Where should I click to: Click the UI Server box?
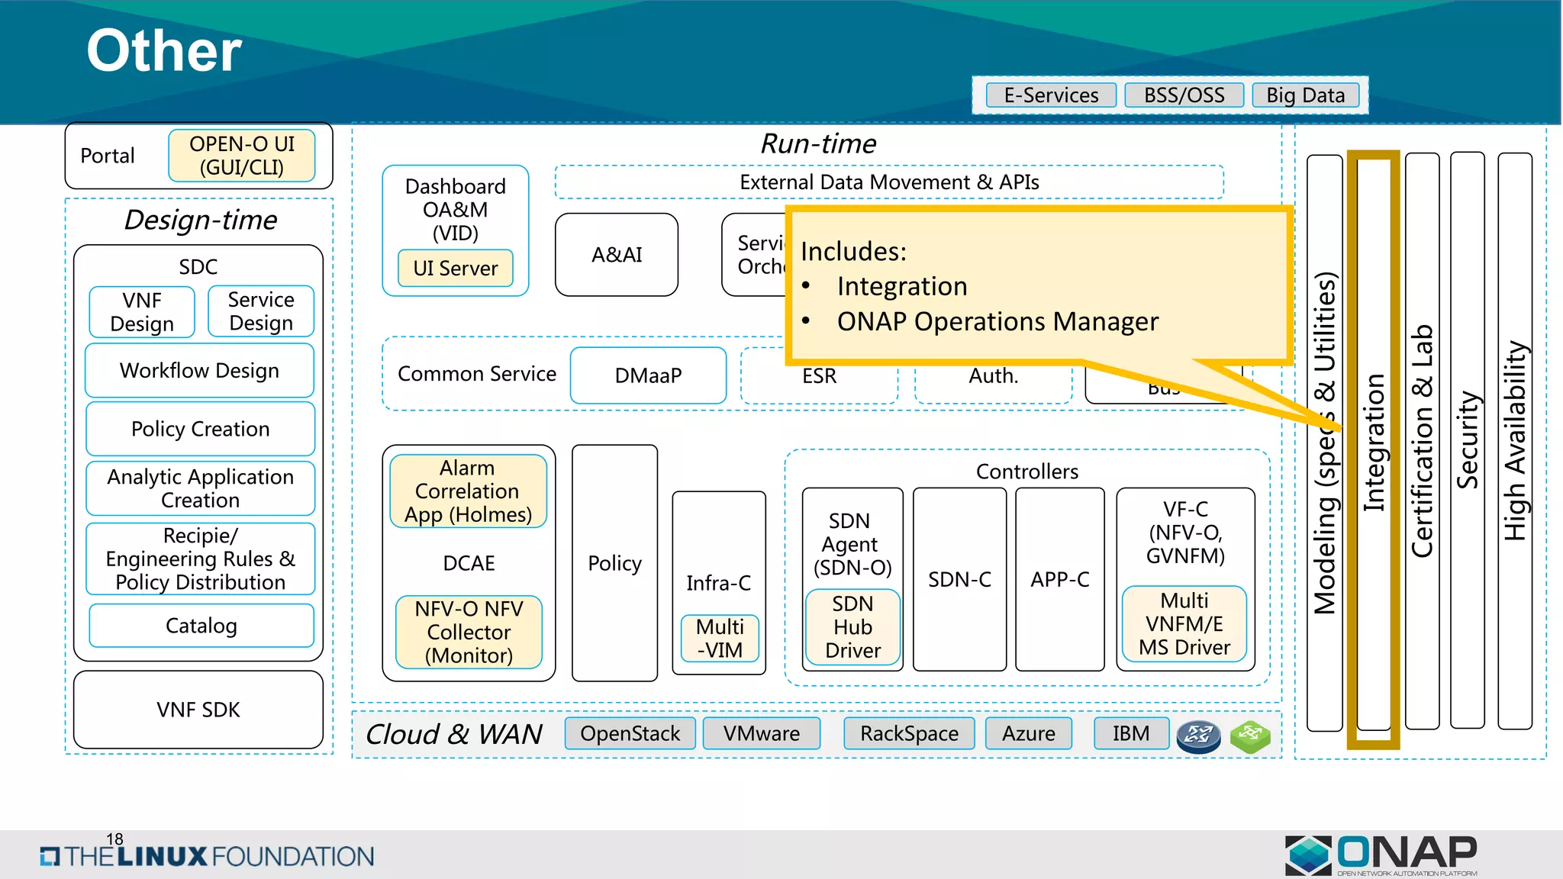[455, 269]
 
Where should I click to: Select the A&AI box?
[617, 255]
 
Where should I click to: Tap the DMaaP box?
[648, 375]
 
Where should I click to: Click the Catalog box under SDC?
[201, 626]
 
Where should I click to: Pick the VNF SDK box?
[198, 710]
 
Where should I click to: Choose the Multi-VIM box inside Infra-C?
[720, 639]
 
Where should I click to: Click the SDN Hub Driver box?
[852, 627]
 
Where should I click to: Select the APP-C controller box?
[1060, 580]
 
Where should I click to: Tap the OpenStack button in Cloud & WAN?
[630, 733]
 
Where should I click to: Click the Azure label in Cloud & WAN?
[1028, 733]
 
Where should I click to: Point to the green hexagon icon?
[1250, 736]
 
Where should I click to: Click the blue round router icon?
[1198, 736]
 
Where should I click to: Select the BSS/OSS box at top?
[1184, 95]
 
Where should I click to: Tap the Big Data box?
[1305, 95]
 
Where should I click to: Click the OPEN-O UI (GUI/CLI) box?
[242, 156]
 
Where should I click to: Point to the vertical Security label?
[1468, 440]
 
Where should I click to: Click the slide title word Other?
[164, 51]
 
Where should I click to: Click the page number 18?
[114, 839]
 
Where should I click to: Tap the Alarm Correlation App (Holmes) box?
[468, 491]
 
